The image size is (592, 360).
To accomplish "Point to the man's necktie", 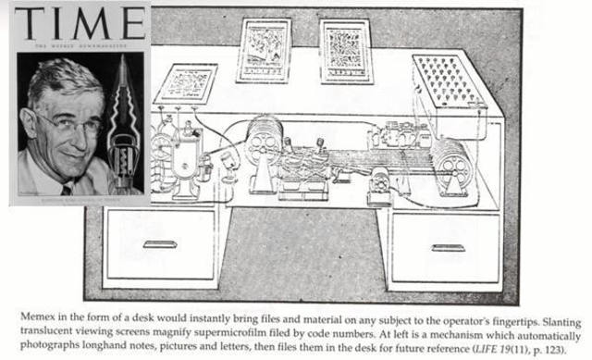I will [x=66, y=189].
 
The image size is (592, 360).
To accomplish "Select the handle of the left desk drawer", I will [x=160, y=244].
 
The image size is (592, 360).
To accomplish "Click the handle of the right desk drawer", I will [x=448, y=247].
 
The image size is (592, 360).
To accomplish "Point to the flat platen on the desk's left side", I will [x=186, y=84].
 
